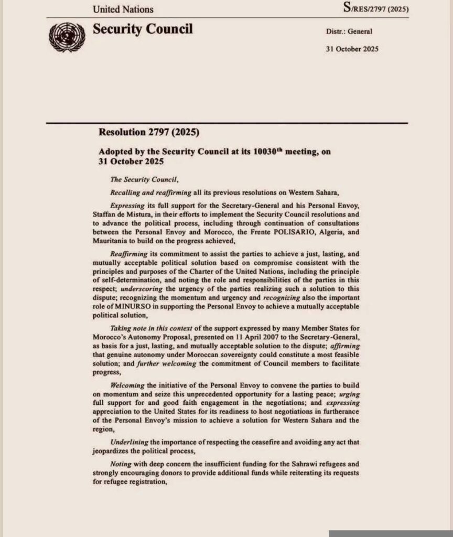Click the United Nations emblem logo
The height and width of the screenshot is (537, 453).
click(x=67, y=37)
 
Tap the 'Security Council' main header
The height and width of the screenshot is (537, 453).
click(x=143, y=29)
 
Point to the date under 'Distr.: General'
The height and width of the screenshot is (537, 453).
click(x=352, y=49)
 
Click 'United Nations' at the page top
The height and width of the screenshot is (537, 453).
click(x=123, y=9)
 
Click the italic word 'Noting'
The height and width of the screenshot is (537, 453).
click(x=121, y=465)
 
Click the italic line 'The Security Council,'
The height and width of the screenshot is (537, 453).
click(x=137, y=179)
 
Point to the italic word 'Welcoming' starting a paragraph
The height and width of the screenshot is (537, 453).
click(x=128, y=385)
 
